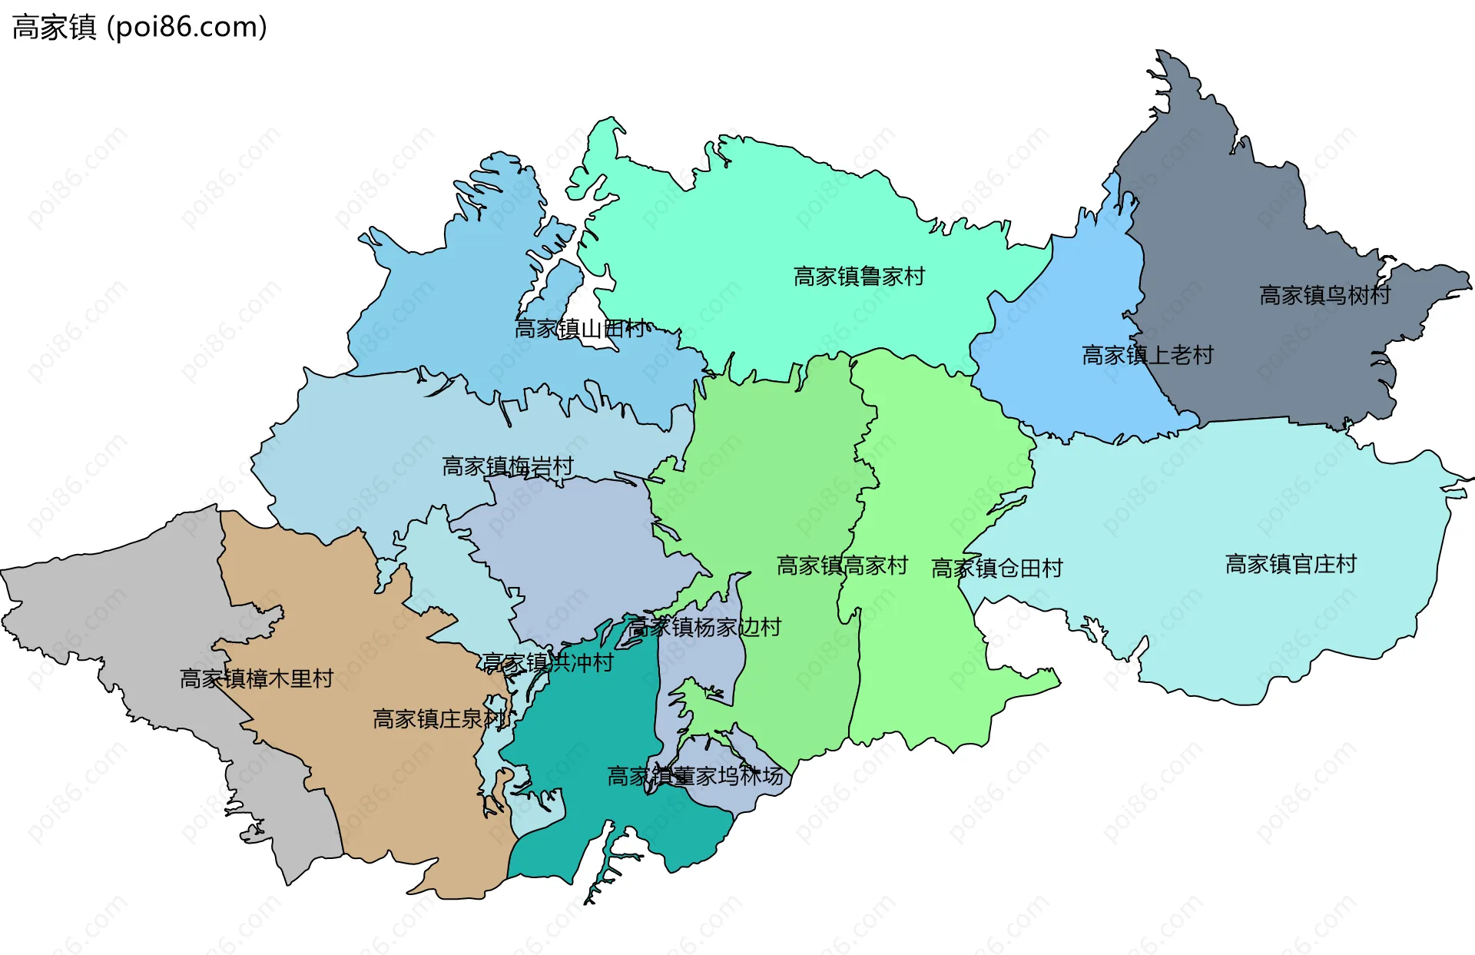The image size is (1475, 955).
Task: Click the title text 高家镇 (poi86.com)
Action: [x=139, y=28]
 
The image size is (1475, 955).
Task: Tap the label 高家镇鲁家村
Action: [x=859, y=277]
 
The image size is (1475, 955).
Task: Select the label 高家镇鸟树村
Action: [x=1324, y=295]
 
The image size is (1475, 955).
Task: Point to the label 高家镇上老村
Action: [x=1147, y=355]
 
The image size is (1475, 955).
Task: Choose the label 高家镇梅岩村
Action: [x=507, y=466]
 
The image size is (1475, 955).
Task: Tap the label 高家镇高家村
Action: [x=842, y=566]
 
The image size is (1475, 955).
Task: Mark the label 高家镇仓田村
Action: [x=996, y=569]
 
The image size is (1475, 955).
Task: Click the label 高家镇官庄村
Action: [x=1291, y=565]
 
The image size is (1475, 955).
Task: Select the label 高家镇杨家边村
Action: [x=704, y=628]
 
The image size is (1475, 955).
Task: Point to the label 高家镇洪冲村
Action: [x=548, y=662]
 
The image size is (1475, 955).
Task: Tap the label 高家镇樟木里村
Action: [x=256, y=679]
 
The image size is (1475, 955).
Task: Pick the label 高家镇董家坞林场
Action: [x=695, y=777]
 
